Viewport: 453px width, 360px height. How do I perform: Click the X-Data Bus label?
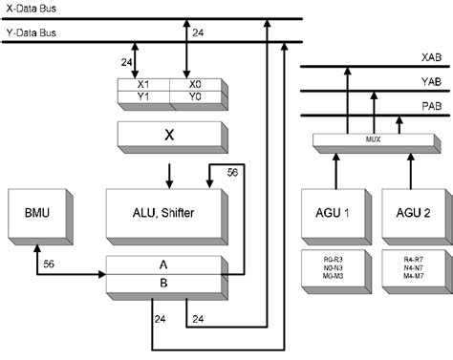[32, 9]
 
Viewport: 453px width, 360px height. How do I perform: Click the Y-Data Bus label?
[32, 32]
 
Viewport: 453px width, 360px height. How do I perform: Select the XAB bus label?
[430, 57]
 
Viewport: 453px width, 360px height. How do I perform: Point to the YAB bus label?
[430, 83]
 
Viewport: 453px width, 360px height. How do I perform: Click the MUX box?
[373, 140]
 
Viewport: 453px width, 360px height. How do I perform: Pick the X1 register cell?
[142, 84]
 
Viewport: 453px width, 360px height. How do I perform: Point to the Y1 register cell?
[142, 96]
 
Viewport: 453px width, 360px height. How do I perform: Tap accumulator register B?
[168, 283]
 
